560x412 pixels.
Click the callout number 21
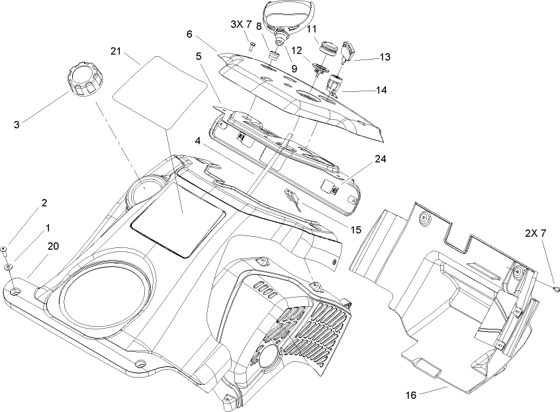116,52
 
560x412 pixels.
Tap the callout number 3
17,125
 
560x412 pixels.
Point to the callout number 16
411,395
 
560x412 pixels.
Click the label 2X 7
536,233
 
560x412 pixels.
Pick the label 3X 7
241,24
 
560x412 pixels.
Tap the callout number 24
381,159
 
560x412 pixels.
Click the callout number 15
356,230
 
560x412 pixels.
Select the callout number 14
381,90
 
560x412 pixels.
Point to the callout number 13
385,57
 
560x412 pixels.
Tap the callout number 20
53,246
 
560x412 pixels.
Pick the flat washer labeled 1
7,267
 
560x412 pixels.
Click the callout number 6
189,34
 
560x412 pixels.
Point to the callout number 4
197,141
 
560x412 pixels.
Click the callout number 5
199,56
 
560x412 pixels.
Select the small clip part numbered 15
293,200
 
